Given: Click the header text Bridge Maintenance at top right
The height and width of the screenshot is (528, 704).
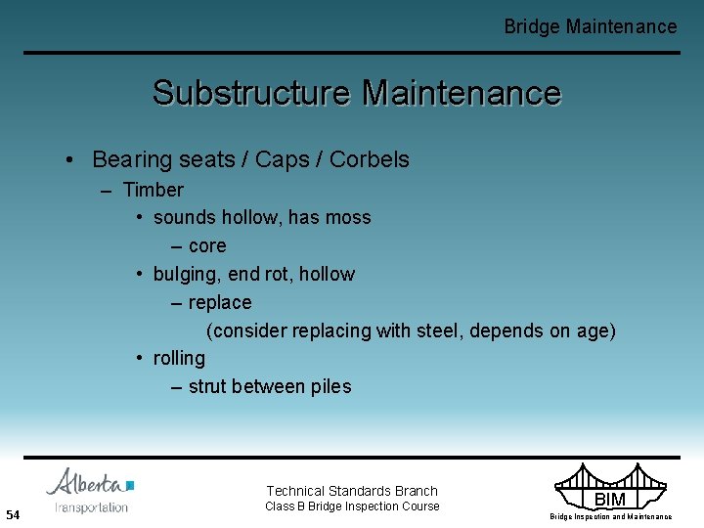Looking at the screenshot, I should (x=590, y=26).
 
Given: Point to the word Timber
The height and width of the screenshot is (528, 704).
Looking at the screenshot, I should (x=153, y=190).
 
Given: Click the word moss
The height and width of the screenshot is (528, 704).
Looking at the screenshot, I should (x=348, y=217).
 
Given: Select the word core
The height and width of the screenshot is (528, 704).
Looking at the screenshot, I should (x=206, y=245).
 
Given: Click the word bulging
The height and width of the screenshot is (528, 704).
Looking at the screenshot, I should (x=185, y=274).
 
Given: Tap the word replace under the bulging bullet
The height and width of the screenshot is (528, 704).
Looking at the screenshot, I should (x=219, y=302).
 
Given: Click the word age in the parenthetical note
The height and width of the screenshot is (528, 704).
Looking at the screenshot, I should (x=593, y=330).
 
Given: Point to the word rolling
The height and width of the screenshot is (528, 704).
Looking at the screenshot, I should (x=179, y=358).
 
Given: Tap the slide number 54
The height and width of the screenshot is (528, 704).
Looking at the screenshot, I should (x=13, y=514).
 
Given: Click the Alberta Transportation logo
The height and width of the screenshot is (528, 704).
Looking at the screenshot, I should (x=90, y=491).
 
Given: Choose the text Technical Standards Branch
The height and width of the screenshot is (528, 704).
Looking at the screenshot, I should (x=352, y=491).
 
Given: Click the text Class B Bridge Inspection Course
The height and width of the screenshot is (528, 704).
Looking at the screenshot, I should (x=352, y=506).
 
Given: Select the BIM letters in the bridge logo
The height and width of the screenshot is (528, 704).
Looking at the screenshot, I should (x=610, y=500).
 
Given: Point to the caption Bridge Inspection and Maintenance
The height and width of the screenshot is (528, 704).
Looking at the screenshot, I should (x=610, y=516).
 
